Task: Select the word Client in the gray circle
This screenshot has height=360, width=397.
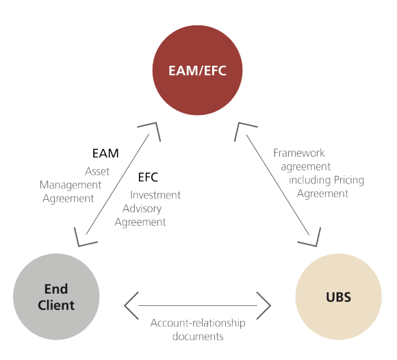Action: click(56, 305)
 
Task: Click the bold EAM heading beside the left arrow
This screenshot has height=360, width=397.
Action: click(105, 153)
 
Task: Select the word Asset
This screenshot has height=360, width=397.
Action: click(97, 171)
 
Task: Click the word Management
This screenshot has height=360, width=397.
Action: click(71, 185)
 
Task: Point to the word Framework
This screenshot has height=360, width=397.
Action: click(299, 153)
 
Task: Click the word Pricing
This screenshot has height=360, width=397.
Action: click(346, 180)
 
